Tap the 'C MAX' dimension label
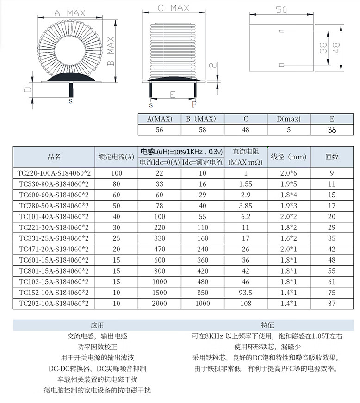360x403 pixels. click(x=173, y=8)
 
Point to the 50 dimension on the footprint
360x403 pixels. click(x=281, y=10)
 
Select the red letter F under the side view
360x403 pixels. click(x=194, y=104)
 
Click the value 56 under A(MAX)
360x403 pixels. click(x=159, y=130)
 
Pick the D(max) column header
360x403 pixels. click(x=289, y=119)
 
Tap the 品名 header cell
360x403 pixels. click(x=54, y=157)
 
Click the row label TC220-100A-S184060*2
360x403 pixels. click(x=54, y=173)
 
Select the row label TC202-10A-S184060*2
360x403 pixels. click(x=54, y=303)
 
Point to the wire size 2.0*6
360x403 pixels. click(x=289, y=173)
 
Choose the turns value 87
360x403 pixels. click(x=332, y=303)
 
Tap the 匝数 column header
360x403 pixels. click(x=332, y=157)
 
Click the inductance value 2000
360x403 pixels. click(x=160, y=303)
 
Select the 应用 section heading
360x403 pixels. click(x=97, y=325)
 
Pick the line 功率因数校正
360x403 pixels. click(x=97, y=347)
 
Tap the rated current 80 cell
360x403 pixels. click(x=117, y=184)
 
